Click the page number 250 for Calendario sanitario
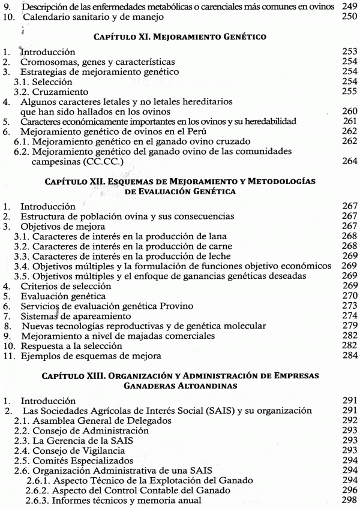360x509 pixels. click(x=348, y=16)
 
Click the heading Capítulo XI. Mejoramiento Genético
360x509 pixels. click(x=179, y=37)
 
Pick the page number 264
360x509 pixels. click(x=348, y=162)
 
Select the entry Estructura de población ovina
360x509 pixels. click(x=118, y=215)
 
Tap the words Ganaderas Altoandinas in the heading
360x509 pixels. click(x=180, y=387)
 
